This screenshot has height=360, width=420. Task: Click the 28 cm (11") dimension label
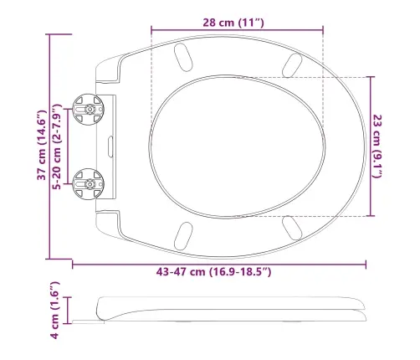pyautogui.click(x=233, y=23)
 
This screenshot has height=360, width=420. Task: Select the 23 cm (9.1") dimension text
pyautogui.click(x=376, y=147)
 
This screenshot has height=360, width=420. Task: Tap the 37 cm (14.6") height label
pyautogui.click(x=42, y=145)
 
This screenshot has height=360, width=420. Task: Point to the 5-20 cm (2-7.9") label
pyautogui.click(x=57, y=147)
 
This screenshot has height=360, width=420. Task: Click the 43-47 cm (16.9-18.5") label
pyautogui.click(x=213, y=271)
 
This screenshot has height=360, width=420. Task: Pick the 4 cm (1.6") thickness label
pyautogui.click(x=54, y=310)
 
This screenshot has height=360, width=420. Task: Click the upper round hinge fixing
pyautogui.click(x=89, y=109)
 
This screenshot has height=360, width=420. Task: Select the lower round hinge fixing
pyautogui.click(x=89, y=184)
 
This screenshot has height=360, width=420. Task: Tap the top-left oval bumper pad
pyautogui.click(x=183, y=57)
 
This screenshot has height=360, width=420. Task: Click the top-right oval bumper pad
pyautogui.click(x=292, y=65)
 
